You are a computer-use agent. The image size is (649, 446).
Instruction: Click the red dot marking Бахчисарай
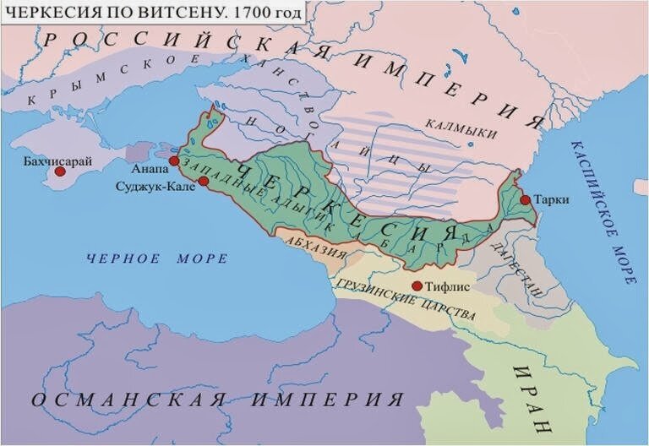point(60,171)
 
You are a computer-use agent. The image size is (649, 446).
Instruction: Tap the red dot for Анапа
point(173,160)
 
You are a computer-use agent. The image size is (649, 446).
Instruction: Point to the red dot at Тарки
point(525,200)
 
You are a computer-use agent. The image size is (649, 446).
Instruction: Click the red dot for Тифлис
point(416,286)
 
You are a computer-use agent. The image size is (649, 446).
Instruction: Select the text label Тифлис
point(448,286)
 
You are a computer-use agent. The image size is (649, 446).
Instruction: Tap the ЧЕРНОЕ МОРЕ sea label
point(155,258)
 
